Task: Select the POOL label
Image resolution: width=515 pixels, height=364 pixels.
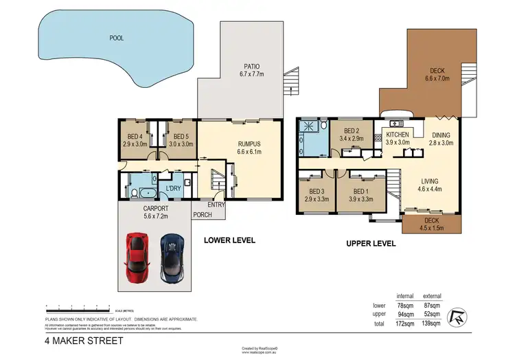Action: pyautogui.click(x=117, y=38)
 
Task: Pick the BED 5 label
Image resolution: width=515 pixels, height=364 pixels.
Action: pyautogui.click(x=182, y=140)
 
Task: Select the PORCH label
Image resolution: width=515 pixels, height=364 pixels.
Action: pyautogui.click(x=202, y=215)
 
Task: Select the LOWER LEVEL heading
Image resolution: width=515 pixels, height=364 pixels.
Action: pyautogui.click(x=229, y=240)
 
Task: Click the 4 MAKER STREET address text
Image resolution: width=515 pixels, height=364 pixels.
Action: pyautogui.click(x=84, y=340)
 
